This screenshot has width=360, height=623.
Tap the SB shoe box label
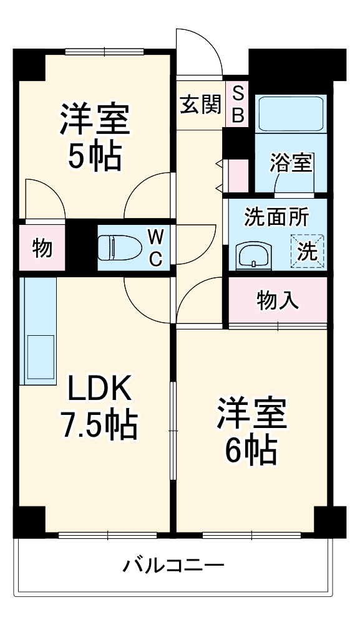tap(238, 104)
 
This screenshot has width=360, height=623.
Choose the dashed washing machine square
tap(308, 250)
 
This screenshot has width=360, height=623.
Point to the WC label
tap(156, 247)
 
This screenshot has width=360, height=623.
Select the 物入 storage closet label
tap(278, 301)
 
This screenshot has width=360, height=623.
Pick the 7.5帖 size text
tap(99, 424)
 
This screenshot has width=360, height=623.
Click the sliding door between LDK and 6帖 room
tap(173, 430)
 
